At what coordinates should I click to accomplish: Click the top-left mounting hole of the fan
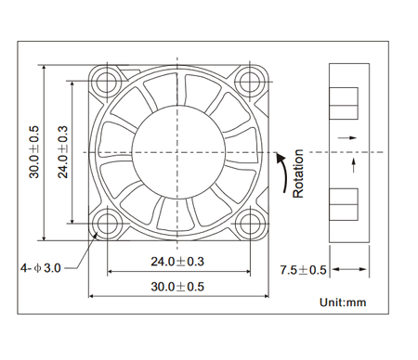pyautogui.click(x=109, y=82)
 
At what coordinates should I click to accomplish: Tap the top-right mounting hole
pyautogui.click(x=249, y=82)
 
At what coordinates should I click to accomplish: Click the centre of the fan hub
pyautogui.click(x=179, y=151)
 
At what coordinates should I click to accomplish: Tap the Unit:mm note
pyautogui.click(x=343, y=302)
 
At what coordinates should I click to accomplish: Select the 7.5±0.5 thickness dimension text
pyautogui.click(x=304, y=270)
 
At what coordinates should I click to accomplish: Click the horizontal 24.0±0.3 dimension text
pyautogui.click(x=178, y=263)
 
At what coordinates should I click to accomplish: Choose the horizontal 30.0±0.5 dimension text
pyautogui.click(x=178, y=287)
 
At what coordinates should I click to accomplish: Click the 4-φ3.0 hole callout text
pyautogui.click(x=40, y=268)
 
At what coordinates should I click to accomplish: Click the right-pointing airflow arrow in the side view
pyautogui.click(x=346, y=138)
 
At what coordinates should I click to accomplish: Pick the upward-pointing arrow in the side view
pyautogui.click(x=354, y=165)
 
